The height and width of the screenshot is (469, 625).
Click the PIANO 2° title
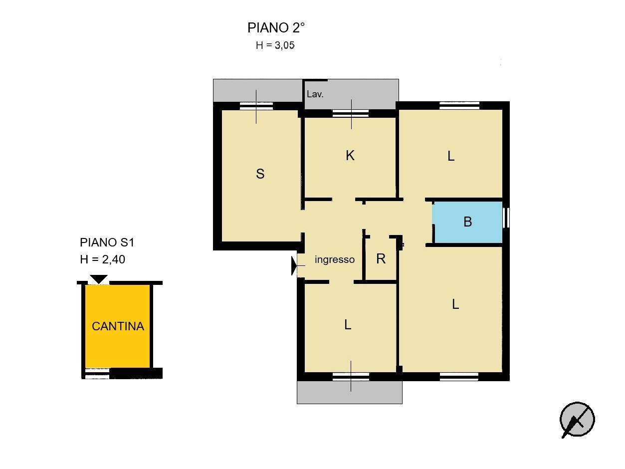point(276,27)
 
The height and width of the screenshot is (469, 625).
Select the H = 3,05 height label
point(275,45)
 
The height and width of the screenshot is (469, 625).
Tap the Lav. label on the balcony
point(315,94)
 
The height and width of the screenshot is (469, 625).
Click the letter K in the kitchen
point(350,156)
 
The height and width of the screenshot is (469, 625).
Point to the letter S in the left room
point(260,174)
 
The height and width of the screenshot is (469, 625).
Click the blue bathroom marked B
point(467,222)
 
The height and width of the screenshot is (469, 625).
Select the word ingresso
point(335,259)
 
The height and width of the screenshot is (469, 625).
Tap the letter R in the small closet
point(381,258)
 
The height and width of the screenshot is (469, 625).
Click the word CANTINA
point(118,326)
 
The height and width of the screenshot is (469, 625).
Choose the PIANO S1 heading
point(107,242)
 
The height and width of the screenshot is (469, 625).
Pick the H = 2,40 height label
point(103,259)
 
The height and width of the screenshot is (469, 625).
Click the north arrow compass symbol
point(577,420)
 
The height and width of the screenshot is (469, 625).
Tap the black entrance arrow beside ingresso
point(294,265)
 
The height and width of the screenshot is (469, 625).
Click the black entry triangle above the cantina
point(99,279)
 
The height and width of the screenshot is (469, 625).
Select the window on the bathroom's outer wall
point(506,218)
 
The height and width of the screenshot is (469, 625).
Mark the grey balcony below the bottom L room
point(349,392)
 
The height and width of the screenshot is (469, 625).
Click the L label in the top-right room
point(451,156)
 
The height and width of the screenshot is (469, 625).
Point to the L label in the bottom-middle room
point(348,325)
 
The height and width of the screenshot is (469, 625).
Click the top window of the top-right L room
point(459,106)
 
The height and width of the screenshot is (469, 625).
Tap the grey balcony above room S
point(258,90)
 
